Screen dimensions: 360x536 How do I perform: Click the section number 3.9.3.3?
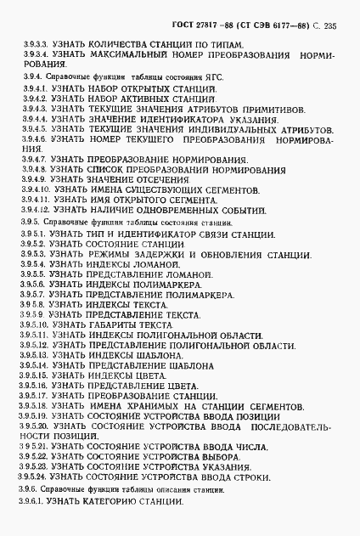[33, 43]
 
